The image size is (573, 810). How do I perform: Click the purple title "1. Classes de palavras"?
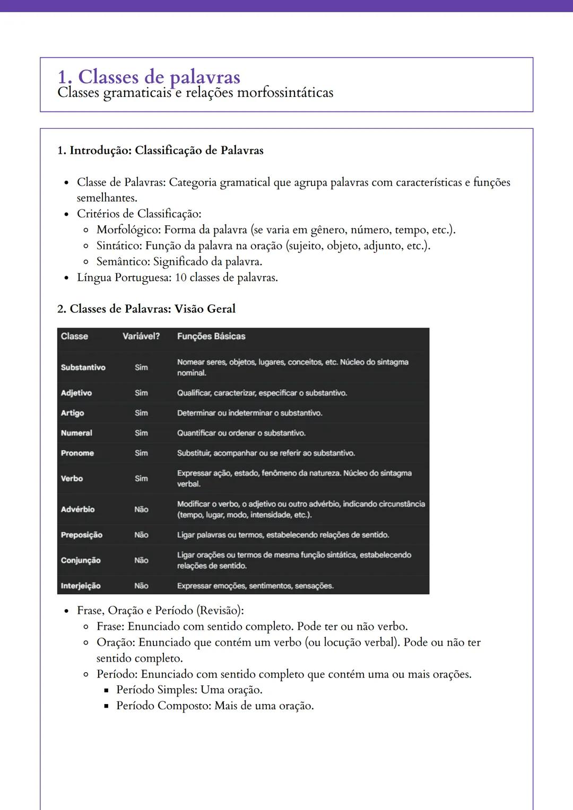(149, 77)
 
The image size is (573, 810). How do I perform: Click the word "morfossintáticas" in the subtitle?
(285, 93)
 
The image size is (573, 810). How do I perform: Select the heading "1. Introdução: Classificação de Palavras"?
(160, 151)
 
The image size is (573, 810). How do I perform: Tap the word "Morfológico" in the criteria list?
(128, 230)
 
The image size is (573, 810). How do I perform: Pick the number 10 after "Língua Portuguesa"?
(180, 278)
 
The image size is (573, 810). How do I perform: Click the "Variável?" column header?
(141, 336)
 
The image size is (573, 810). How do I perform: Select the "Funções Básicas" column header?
(211, 336)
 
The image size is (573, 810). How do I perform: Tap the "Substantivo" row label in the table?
(83, 367)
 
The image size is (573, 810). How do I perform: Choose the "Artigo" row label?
(72, 413)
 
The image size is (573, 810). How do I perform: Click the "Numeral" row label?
(76, 433)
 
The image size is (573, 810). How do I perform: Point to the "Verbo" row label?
(72, 479)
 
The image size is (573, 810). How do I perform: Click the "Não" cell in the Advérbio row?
(141, 509)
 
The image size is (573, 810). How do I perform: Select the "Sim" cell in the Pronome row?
(141, 453)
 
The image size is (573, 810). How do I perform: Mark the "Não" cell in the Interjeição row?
(141, 586)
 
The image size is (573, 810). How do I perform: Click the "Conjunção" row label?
(81, 560)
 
